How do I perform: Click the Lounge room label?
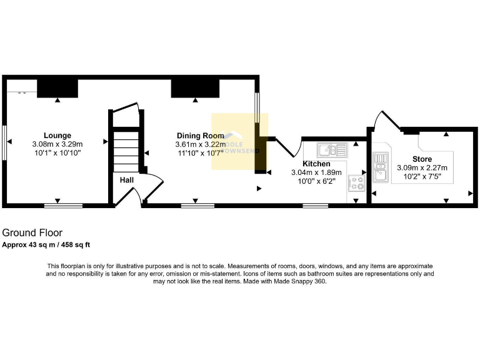click(57, 135)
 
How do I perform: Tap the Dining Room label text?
click(200, 135)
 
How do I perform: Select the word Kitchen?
click(317, 164)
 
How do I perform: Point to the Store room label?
click(422, 159)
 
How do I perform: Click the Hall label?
click(127, 180)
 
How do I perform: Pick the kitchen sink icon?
click(328, 149)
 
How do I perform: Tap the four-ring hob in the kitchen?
click(358, 182)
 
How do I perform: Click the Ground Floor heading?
click(32, 233)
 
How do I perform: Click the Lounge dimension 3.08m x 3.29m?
click(57, 144)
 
